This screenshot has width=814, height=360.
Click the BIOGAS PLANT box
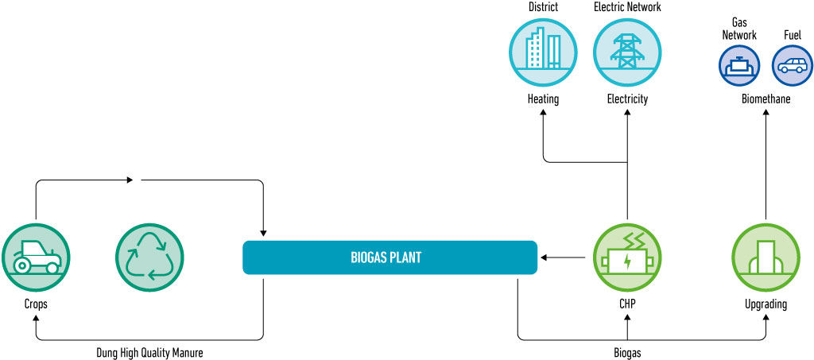pos(390,257)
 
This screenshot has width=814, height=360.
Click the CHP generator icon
pos(628,256)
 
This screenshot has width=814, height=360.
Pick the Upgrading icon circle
pos(765,256)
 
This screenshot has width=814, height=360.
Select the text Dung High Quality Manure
pos(150,352)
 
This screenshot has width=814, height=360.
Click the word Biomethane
pos(766,99)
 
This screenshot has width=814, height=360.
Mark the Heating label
pos(543,99)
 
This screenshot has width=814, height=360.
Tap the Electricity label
pos(627,99)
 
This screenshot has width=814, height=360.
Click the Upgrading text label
pos(765,304)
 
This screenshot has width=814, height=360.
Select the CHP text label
pos(628,304)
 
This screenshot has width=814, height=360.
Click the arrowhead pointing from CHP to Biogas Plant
pos(544,257)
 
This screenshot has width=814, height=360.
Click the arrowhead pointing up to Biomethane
pos(766,114)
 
